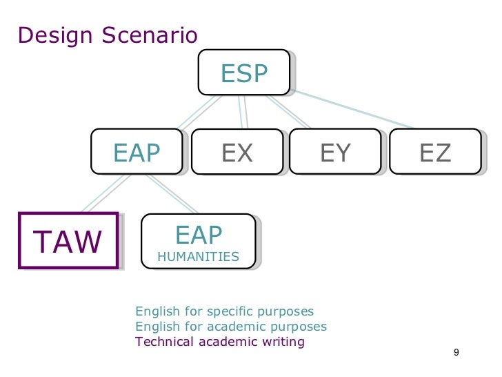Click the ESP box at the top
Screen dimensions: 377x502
tap(243, 72)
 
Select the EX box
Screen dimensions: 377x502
tap(237, 151)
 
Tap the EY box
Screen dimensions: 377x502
tap(336, 151)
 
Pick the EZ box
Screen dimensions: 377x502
tap(435, 151)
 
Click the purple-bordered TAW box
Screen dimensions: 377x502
tap(68, 240)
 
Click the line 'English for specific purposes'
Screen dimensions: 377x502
tap(225, 311)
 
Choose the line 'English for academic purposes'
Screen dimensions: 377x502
tap(231, 327)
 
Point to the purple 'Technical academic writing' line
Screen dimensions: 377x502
tap(220, 342)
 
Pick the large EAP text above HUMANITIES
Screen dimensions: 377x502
tap(199, 235)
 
